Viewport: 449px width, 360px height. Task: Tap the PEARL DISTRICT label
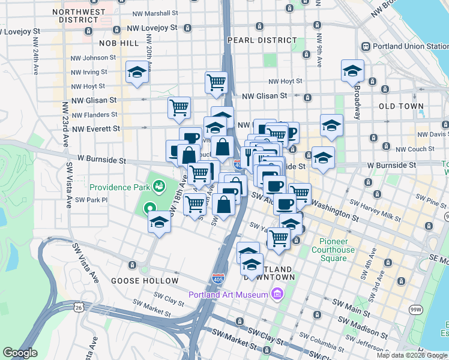click(262, 40)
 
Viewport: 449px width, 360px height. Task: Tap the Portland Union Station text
click(409, 46)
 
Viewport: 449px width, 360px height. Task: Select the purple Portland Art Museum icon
click(276, 294)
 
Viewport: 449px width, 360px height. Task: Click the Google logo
click(20, 353)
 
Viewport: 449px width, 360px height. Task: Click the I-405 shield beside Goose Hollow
click(218, 279)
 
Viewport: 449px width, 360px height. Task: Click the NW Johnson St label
click(93, 58)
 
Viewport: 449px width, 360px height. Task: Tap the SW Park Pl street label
click(91, 200)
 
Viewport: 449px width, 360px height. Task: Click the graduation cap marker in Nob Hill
click(137, 73)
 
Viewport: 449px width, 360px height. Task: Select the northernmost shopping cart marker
click(216, 83)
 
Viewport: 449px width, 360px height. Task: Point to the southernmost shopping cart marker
click(279, 239)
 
